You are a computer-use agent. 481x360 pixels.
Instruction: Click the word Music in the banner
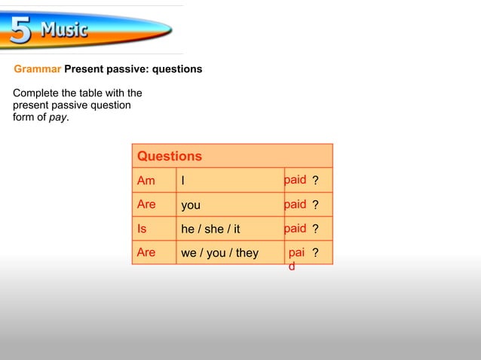(63, 31)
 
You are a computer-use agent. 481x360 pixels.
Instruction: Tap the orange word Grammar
(37, 69)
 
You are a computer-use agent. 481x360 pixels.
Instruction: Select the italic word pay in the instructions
(57, 117)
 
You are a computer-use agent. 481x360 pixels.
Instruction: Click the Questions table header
(170, 156)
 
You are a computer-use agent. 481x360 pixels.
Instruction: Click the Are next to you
(146, 204)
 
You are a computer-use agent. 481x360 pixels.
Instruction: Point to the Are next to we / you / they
(146, 252)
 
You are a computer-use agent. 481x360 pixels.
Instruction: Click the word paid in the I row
(295, 180)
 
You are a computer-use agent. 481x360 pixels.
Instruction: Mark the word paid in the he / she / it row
(295, 228)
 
